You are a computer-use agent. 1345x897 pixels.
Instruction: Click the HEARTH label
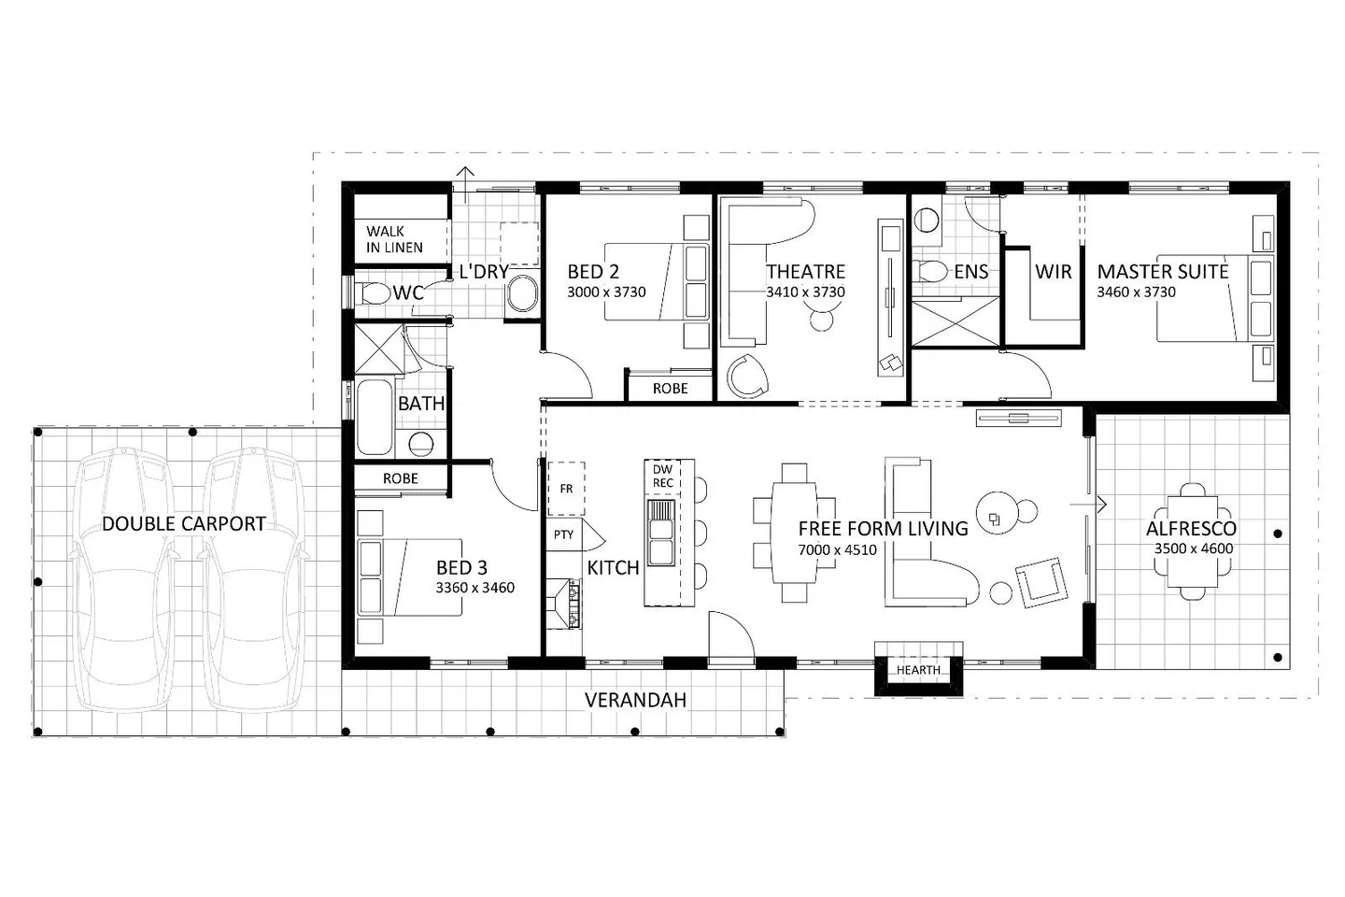[x=918, y=670]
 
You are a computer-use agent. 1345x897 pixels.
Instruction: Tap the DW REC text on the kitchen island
[x=662, y=476]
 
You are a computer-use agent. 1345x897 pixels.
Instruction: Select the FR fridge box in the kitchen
[x=566, y=489]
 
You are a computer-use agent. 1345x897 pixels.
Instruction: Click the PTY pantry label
[x=563, y=534]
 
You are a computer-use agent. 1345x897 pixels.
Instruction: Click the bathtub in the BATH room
[x=375, y=417]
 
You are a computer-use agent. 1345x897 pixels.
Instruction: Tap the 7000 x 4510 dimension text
[x=837, y=549]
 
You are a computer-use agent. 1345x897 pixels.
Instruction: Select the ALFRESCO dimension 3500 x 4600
[x=1193, y=548]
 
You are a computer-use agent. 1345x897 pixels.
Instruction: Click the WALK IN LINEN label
[x=394, y=239]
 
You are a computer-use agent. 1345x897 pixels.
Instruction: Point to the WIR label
[x=1054, y=272]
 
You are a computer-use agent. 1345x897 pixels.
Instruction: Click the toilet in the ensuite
[x=929, y=271]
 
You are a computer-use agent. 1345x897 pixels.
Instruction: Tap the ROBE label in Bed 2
[x=670, y=389]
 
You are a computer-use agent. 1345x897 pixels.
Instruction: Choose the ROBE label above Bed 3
[x=401, y=478]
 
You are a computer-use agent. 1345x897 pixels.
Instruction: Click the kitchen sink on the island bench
[x=660, y=533]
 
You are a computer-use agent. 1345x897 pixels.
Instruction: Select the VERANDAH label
[x=635, y=700]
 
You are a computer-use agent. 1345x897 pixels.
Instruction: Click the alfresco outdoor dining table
[x=1192, y=541]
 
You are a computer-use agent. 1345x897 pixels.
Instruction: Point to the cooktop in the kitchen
[x=564, y=604]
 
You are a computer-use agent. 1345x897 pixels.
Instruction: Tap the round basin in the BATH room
[x=421, y=444]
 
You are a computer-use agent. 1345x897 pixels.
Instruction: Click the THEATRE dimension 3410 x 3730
[x=805, y=292]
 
